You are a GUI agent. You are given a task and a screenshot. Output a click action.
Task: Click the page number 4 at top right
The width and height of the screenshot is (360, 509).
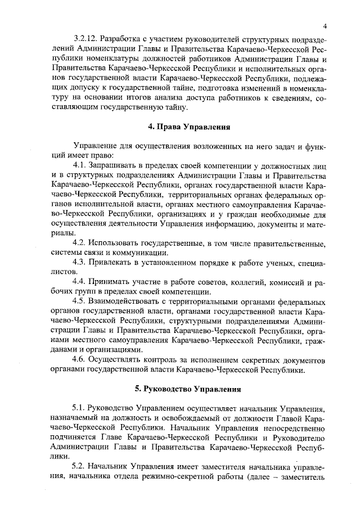pyautogui.click(x=326, y=26)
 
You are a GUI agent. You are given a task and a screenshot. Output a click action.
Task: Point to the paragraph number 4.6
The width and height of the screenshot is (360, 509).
pyautogui.click(x=80, y=360)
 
